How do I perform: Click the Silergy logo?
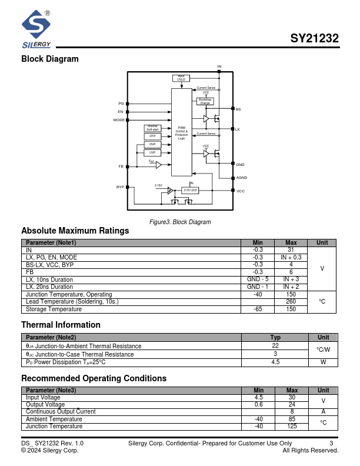click(x=36, y=29)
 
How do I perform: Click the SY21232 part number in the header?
click(x=314, y=39)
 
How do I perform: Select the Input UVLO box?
click(x=181, y=78)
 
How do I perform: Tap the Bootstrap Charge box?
click(x=205, y=101)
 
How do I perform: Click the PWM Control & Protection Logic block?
click(x=182, y=132)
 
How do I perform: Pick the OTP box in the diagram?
click(x=152, y=136)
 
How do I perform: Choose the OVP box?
click(x=152, y=144)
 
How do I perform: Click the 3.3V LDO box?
click(x=190, y=190)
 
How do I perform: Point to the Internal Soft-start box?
click(x=152, y=128)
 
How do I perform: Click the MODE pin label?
click(x=119, y=120)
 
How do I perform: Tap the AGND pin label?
click(x=241, y=177)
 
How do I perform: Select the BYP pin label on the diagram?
click(x=120, y=187)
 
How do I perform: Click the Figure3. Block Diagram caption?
click(x=180, y=222)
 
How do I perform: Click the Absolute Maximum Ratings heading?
click(x=75, y=231)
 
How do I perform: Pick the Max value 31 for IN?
click(x=291, y=250)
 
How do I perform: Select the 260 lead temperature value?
click(x=291, y=301)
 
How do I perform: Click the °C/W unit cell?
click(x=323, y=349)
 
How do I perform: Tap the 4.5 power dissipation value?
click(x=275, y=362)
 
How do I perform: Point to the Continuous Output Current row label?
click(x=61, y=412)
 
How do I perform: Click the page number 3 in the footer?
click(x=331, y=442)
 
